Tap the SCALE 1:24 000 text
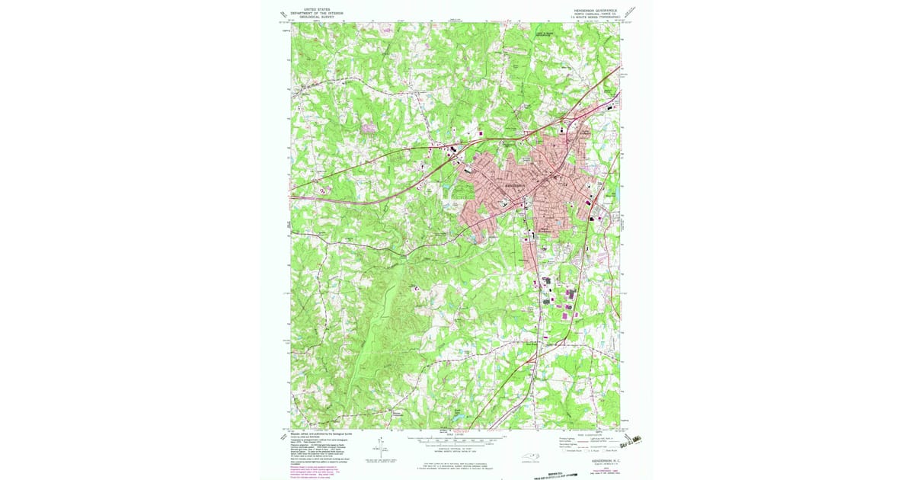[x=456, y=435]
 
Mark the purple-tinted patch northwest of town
[x=369, y=129]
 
